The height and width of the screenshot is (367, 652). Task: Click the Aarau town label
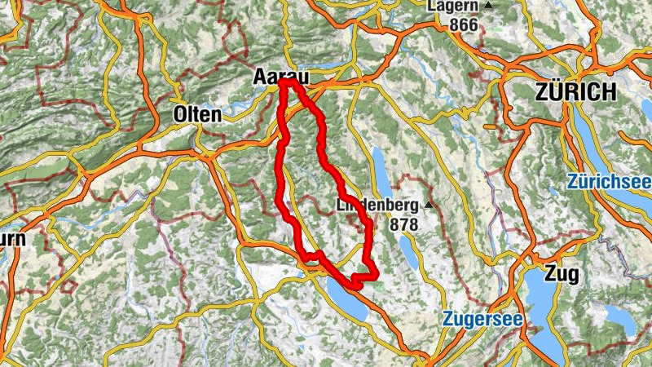[x=282, y=76]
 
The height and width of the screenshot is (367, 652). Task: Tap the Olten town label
[x=197, y=115]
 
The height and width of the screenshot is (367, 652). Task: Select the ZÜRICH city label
[x=575, y=92]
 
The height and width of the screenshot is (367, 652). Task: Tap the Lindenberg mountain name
[x=377, y=206]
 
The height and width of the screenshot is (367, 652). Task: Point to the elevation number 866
[x=463, y=24]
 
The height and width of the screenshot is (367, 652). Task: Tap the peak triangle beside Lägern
[x=489, y=6]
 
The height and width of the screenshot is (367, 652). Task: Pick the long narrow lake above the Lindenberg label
[x=381, y=166]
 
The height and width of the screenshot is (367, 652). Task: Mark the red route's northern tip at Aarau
[x=288, y=82]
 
